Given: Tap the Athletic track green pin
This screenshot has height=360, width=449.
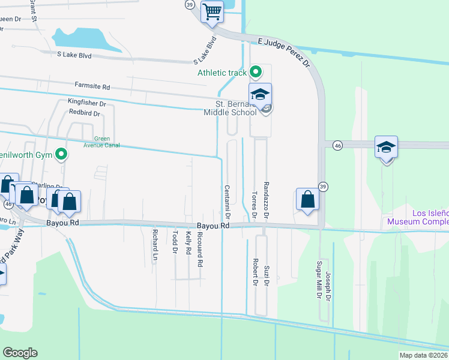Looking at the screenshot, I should click(x=256, y=73).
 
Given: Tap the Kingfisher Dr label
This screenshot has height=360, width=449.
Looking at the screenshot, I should click(x=86, y=103).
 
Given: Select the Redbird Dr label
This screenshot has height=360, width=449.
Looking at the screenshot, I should click(x=87, y=112).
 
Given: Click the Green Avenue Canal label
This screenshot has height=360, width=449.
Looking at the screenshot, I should click(x=101, y=142).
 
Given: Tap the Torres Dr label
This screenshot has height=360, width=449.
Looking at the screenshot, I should click(x=254, y=204).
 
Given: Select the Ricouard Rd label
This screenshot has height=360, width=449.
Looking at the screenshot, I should click(x=200, y=249).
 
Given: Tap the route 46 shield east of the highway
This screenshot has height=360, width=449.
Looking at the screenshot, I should click(x=339, y=145).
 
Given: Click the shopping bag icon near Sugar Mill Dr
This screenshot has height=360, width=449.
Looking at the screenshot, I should click(x=307, y=200).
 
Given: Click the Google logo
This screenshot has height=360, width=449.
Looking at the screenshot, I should click(x=20, y=353).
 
